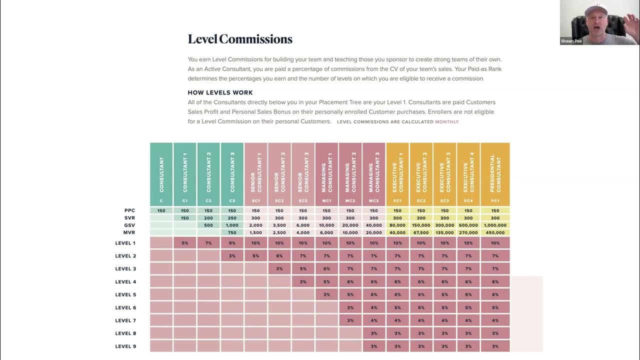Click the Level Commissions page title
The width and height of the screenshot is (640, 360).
[240, 39]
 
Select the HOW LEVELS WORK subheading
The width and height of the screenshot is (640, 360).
[220, 92]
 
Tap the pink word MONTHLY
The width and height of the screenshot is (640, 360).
[446, 121]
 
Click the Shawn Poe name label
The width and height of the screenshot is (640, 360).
[571, 41]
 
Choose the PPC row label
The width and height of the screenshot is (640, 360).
[129, 210]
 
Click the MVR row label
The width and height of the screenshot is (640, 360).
[129, 232]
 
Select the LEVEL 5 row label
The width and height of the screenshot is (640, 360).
[125, 294]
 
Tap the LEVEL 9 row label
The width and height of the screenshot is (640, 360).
[125, 346]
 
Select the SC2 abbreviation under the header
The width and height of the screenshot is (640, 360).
[279, 201]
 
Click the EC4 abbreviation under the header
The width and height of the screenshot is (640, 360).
[468, 201]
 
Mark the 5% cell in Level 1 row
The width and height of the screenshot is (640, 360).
[185, 243]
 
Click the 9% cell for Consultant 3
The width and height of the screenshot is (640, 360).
[232, 243]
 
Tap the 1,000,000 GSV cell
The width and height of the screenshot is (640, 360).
[495, 225]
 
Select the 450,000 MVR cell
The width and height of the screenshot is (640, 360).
[495, 232]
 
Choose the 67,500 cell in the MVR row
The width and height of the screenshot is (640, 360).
[421, 232]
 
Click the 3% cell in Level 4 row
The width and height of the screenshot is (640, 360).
[303, 281]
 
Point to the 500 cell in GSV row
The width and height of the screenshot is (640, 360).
[208, 225]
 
